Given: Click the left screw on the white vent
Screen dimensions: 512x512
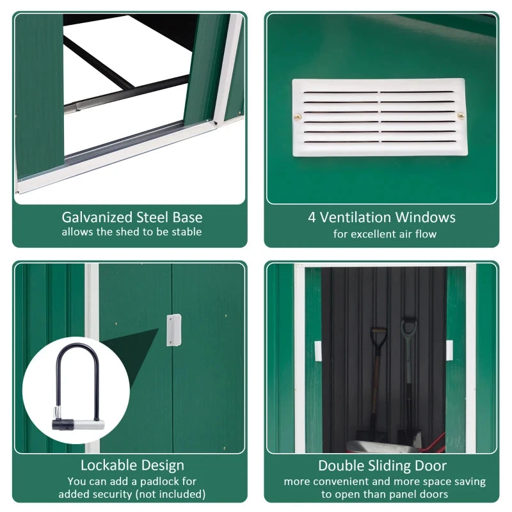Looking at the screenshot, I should pos(298,116).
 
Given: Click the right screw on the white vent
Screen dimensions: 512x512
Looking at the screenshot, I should pos(461,116).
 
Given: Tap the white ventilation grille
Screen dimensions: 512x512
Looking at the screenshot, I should pos(380,117).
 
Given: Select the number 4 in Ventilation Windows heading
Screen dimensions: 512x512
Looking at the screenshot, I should pos(312,217).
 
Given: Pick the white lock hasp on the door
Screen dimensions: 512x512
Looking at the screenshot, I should pos(172,330).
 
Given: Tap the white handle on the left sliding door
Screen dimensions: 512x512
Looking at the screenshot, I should pos(317,351).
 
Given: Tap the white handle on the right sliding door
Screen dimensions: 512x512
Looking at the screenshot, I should pos(449,350).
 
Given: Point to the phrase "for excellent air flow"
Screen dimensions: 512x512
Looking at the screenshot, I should pos(385,234).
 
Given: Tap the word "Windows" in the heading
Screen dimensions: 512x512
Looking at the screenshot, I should pos(425,217).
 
